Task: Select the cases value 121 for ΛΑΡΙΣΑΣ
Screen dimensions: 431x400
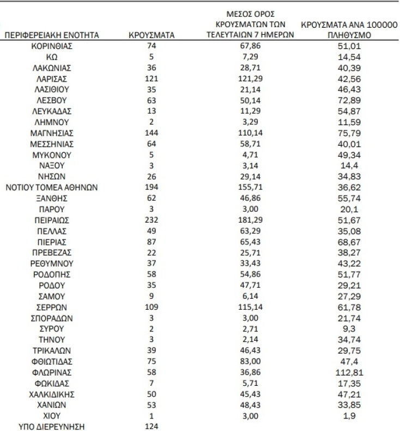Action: click(x=151, y=79)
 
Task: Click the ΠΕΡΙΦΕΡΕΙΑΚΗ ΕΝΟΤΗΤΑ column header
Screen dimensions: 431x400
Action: click(x=52, y=35)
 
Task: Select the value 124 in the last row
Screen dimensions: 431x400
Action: click(x=151, y=427)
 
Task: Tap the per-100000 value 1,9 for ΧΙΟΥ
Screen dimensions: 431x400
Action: click(x=350, y=416)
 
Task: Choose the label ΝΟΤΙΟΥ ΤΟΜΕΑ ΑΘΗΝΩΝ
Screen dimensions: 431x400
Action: click(x=52, y=187)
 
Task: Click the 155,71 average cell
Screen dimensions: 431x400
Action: click(x=251, y=187)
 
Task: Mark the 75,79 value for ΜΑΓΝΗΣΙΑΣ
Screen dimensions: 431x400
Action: click(x=350, y=133)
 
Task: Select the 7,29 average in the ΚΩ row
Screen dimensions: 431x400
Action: click(x=251, y=57)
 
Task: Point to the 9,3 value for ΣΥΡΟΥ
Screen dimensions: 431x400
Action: click(x=350, y=329)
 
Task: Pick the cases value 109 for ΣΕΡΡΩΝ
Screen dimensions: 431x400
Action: click(x=151, y=307)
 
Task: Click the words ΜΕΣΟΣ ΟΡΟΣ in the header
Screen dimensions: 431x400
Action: click(x=251, y=13)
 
